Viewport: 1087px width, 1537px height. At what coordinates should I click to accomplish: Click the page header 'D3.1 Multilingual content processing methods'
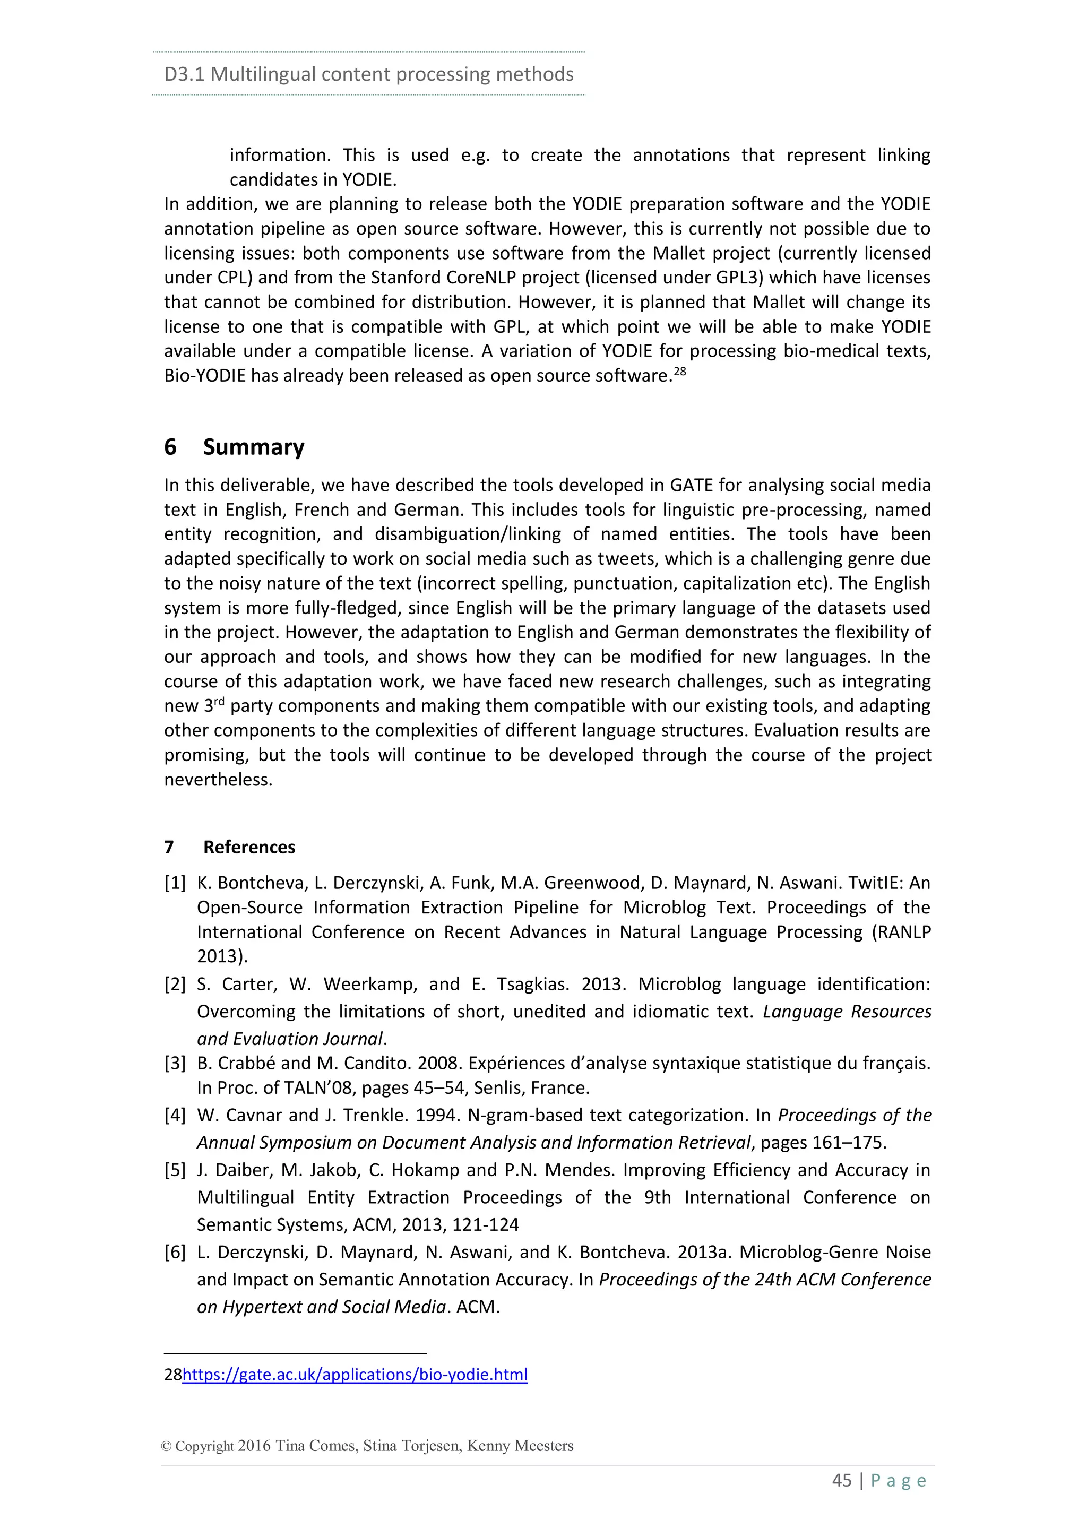pos(368,74)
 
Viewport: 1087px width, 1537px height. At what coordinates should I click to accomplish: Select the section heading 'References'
pos(249,847)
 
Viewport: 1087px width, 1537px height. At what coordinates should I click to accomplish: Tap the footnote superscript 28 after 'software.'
pos(679,370)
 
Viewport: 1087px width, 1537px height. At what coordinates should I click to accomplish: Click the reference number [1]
pos(175,883)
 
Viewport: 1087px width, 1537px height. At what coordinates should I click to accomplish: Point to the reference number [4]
pos(175,1115)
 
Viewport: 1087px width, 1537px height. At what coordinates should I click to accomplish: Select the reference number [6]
pos(175,1253)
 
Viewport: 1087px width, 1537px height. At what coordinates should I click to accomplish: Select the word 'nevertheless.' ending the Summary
pos(218,780)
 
